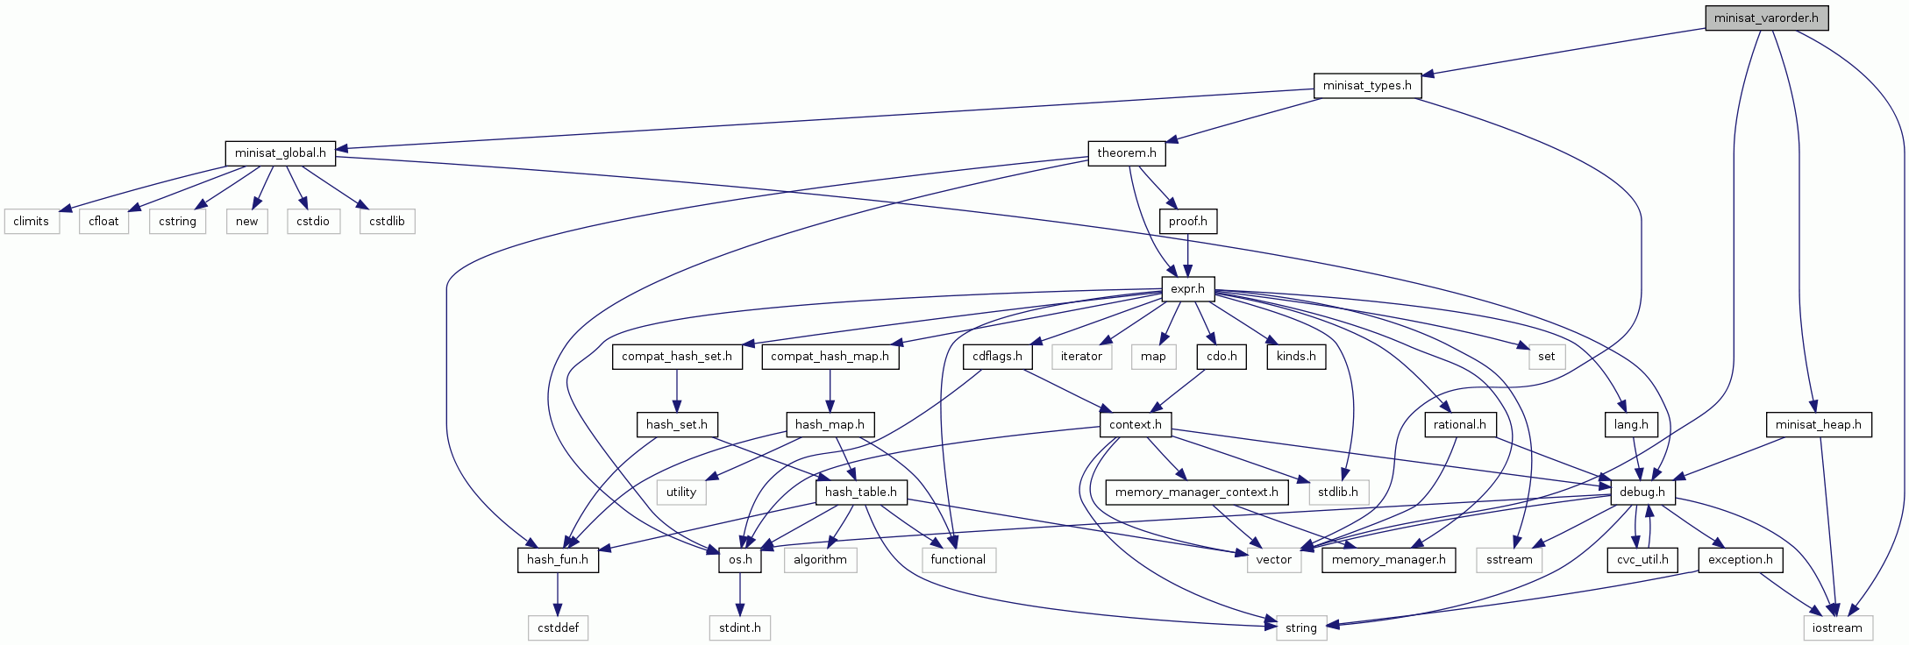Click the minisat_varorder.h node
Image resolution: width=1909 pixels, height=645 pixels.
(x=1766, y=18)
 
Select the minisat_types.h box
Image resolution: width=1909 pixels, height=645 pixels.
(x=1367, y=85)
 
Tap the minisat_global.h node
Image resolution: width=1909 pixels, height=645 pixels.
(x=280, y=153)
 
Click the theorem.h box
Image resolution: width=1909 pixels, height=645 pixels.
(x=1126, y=153)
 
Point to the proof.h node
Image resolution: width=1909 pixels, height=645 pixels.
(x=1188, y=221)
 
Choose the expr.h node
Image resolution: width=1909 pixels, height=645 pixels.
(x=1188, y=288)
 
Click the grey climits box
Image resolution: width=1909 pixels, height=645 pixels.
(x=32, y=221)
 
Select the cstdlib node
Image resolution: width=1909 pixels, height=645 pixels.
(x=387, y=221)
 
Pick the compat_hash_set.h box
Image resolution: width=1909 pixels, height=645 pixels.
(x=677, y=357)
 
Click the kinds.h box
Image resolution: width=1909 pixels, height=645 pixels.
(x=1296, y=357)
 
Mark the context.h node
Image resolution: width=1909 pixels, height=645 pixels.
(x=1135, y=425)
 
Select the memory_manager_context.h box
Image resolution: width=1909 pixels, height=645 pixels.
(x=1197, y=493)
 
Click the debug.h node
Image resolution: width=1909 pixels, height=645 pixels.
(x=1642, y=493)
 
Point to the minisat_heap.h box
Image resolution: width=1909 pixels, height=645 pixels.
(x=1818, y=425)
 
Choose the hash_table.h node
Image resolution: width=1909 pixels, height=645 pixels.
(x=860, y=493)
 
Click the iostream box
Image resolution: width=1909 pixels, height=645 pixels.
(x=1837, y=627)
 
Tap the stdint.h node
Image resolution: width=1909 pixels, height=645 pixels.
(x=740, y=627)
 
